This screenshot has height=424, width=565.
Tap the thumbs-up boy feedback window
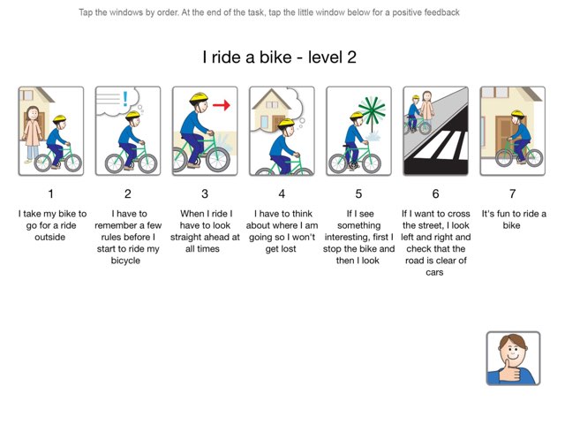[513, 358]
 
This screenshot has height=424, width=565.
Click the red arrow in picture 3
[221, 105]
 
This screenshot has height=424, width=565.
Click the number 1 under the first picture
[50, 193]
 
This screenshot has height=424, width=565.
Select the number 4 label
[282, 193]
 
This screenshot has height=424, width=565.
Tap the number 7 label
[512, 193]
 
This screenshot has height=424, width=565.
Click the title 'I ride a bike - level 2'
[278, 57]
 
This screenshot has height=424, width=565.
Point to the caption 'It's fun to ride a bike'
[513, 219]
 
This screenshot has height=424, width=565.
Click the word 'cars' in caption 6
[435, 272]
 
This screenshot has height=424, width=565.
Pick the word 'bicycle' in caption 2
[128, 260]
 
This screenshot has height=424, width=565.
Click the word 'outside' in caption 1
[50, 237]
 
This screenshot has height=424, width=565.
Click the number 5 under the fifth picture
[358, 193]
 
